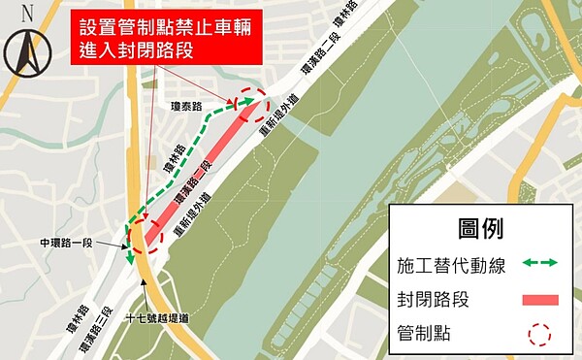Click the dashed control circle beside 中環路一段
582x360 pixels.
point(137,237)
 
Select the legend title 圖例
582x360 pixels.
point(481,229)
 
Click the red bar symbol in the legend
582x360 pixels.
point(534,299)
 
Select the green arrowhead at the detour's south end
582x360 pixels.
point(128,261)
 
